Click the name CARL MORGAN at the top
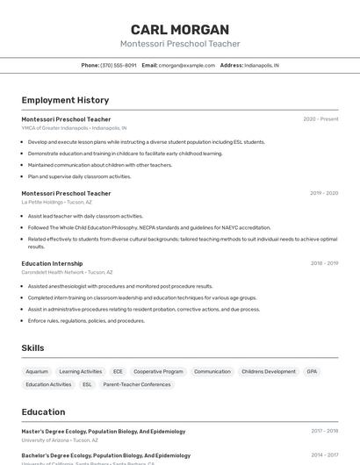tap(179, 30)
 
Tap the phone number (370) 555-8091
tap(119, 65)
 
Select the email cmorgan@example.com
tap(186, 65)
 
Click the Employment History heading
tap(65, 100)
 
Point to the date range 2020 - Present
tap(320, 119)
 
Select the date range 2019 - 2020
tap(324, 193)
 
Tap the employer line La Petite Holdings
tap(57, 202)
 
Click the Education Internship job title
tap(52, 263)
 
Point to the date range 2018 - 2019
tap(324, 263)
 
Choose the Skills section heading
tap(32, 348)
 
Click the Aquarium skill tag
tap(37, 371)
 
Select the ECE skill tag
tap(118, 371)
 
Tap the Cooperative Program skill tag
tap(158, 371)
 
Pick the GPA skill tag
tap(312, 371)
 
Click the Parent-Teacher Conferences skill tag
tap(137, 384)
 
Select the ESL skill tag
tap(87, 384)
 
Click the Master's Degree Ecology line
tap(104, 432)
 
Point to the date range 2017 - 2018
tap(324, 432)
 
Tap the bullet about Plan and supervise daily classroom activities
tap(79, 176)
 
